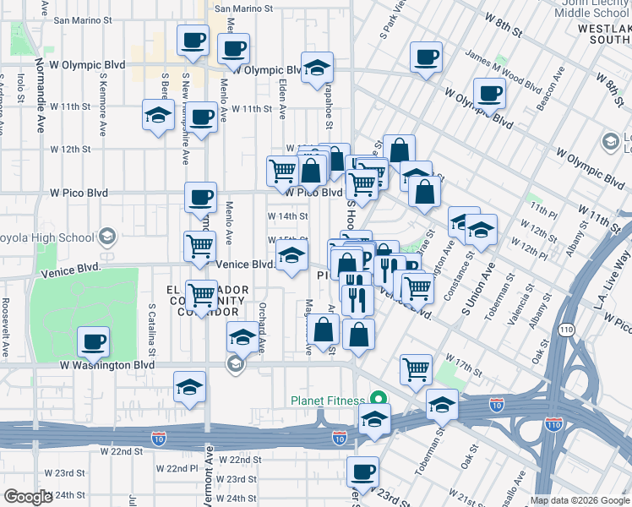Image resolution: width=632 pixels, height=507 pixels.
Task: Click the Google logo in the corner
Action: click(28, 497)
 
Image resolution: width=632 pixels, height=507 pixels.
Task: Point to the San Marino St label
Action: click(244, 9)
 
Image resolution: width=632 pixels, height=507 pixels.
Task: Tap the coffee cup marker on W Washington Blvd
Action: click(94, 342)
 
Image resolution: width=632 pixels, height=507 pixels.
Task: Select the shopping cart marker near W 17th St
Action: click(416, 368)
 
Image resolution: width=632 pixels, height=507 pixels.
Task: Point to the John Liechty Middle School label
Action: click(591, 8)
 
